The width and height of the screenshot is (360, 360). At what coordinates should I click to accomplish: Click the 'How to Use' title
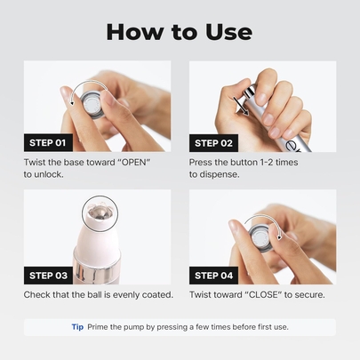(x=180, y=32)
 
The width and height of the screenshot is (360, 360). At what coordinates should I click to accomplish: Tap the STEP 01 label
(x=48, y=143)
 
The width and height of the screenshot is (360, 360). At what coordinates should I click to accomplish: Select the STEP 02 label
(x=213, y=143)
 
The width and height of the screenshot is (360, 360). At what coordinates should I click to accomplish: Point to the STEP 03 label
(x=48, y=276)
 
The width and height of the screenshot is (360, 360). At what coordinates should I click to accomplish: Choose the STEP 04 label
(x=213, y=276)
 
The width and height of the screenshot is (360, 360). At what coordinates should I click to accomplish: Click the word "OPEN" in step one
(x=136, y=163)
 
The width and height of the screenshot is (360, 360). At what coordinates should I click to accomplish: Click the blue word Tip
(x=77, y=327)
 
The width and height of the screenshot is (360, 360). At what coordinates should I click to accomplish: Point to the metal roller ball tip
(x=100, y=213)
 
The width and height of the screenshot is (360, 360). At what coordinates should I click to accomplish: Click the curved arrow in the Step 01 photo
(x=89, y=84)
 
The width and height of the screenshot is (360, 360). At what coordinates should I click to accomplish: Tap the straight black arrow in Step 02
(x=241, y=105)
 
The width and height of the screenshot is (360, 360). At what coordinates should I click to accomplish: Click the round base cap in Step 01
(x=93, y=107)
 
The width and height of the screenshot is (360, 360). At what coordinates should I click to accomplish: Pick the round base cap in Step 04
(x=260, y=237)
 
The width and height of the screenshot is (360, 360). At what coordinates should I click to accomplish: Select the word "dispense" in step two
(x=218, y=174)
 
